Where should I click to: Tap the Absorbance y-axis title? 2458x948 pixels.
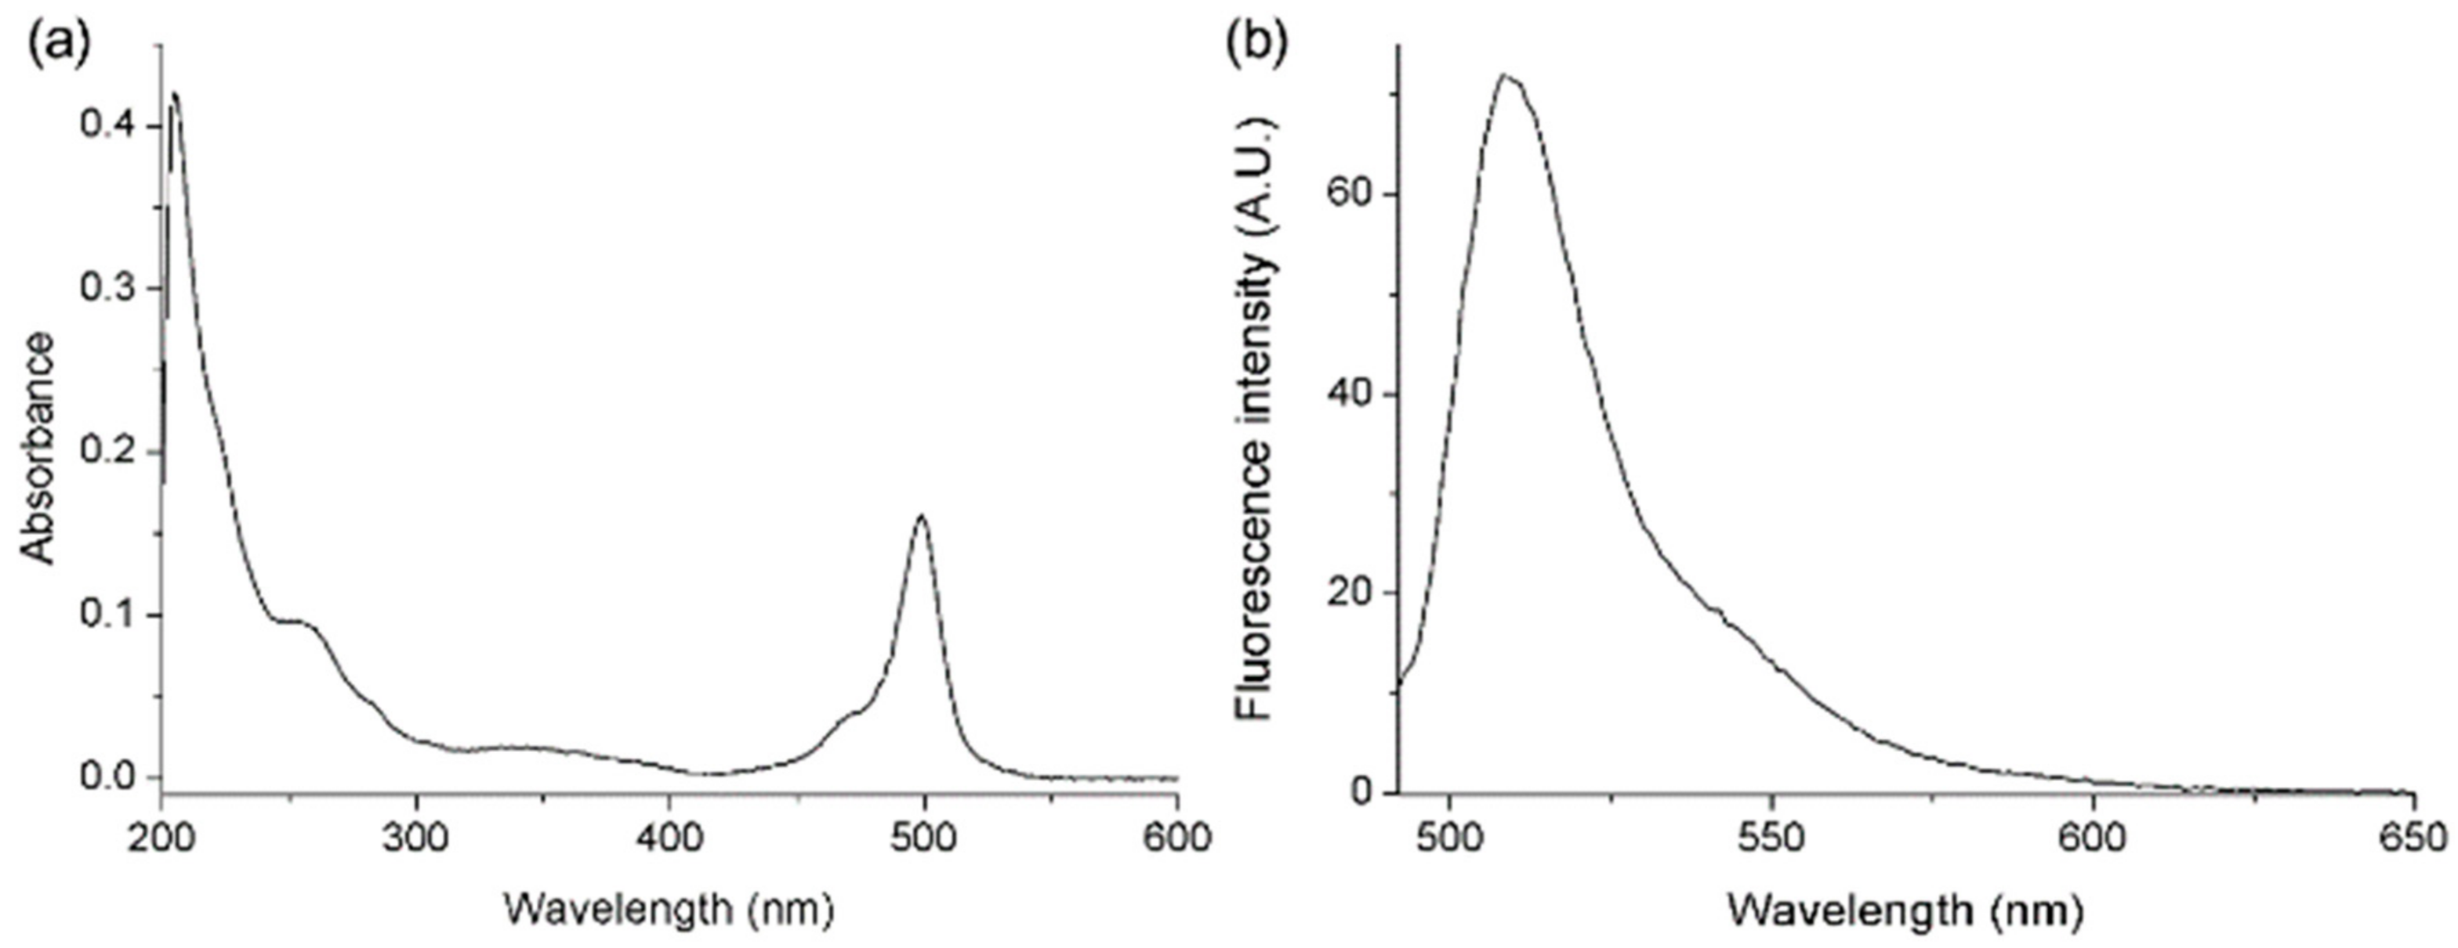click(x=38, y=448)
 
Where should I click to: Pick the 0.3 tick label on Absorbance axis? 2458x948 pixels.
click(x=108, y=290)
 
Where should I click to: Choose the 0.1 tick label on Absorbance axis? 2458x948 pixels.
click(x=108, y=615)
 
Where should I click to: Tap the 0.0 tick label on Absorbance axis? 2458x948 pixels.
click(x=108, y=777)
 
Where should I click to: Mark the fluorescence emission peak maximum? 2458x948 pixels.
click(x=1504, y=75)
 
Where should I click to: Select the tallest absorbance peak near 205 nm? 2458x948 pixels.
click(x=175, y=93)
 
